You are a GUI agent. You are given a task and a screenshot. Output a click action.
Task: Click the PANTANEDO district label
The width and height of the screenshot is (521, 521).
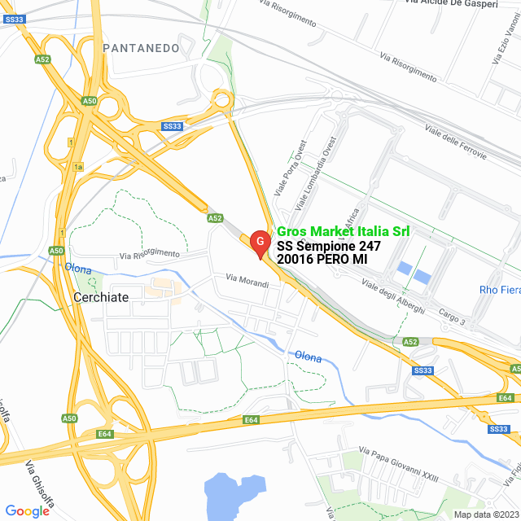142,48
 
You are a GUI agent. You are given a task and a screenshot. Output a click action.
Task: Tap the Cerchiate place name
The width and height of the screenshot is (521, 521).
101,297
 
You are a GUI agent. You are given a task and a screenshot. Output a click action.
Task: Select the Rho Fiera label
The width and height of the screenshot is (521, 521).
499,291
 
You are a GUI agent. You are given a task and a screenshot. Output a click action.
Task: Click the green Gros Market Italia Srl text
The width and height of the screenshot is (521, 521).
343,232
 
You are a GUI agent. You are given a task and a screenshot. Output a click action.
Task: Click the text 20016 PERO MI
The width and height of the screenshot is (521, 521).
322,259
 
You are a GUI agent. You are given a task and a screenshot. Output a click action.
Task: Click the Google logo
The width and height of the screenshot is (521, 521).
27,510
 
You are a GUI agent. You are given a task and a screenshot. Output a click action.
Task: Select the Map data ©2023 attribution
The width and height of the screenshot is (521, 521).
486,514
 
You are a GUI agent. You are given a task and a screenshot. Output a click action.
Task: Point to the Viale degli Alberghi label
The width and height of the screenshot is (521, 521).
392,298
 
